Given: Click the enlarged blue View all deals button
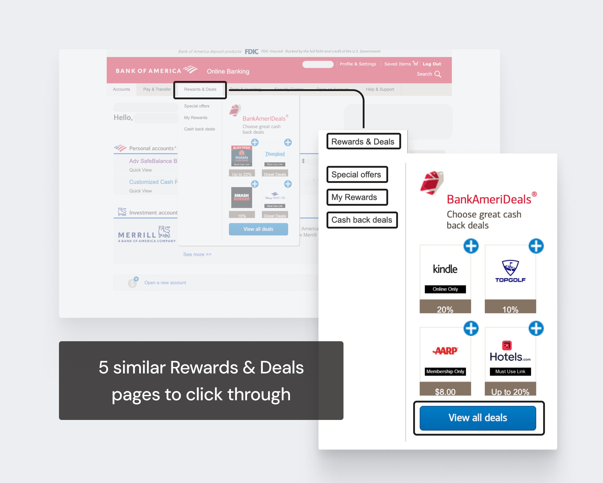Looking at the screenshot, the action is click(478, 418).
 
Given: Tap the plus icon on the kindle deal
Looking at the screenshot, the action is click(471, 246).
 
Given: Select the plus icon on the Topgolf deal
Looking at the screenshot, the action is click(536, 246).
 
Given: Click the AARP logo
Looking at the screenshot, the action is click(445, 351).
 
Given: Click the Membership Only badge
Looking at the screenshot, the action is click(445, 371).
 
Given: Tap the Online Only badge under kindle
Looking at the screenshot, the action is click(445, 289).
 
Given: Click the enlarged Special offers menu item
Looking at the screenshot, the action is click(356, 174).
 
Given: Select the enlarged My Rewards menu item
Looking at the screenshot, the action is click(354, 197).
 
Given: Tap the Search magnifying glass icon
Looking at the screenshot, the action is click(438, 74).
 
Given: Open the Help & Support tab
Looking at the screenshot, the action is click(380, 89).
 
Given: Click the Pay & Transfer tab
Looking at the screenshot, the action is click(157, 89).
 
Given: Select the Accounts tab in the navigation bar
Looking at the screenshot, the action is click(121, 89).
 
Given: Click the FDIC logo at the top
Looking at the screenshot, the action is click(251, 51).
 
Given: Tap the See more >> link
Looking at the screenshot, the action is click(197, 254).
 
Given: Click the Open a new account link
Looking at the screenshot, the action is click(165, 282).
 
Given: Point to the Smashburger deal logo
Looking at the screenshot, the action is click(241, 197).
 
